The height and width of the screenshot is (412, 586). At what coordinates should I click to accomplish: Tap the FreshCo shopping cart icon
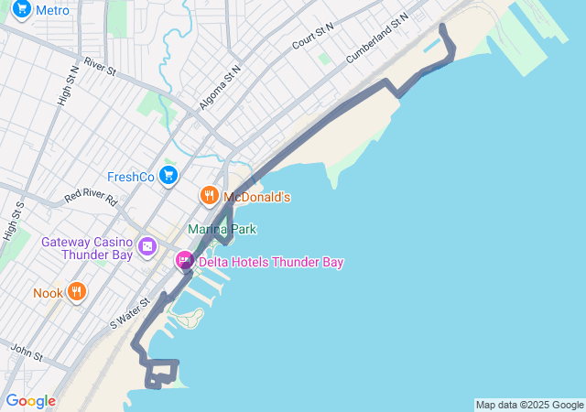168,175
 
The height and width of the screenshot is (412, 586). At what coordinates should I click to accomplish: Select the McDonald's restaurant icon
209,196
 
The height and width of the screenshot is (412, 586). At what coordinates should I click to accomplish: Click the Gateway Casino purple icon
146,247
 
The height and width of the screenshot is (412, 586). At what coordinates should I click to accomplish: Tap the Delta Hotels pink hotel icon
185,262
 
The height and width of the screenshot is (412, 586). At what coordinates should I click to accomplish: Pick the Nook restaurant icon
77,293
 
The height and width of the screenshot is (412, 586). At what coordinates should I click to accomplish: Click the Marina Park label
222,229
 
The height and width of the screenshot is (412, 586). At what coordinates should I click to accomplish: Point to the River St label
100,66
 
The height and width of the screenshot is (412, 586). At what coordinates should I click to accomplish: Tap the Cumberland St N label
376,38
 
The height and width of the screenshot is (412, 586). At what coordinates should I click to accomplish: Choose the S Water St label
129,312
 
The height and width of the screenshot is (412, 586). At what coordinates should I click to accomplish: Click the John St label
27,352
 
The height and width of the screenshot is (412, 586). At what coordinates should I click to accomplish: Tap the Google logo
30,401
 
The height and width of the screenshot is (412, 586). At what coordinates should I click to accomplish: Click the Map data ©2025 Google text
529,405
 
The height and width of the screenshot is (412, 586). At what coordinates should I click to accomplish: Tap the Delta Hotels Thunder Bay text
271,263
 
